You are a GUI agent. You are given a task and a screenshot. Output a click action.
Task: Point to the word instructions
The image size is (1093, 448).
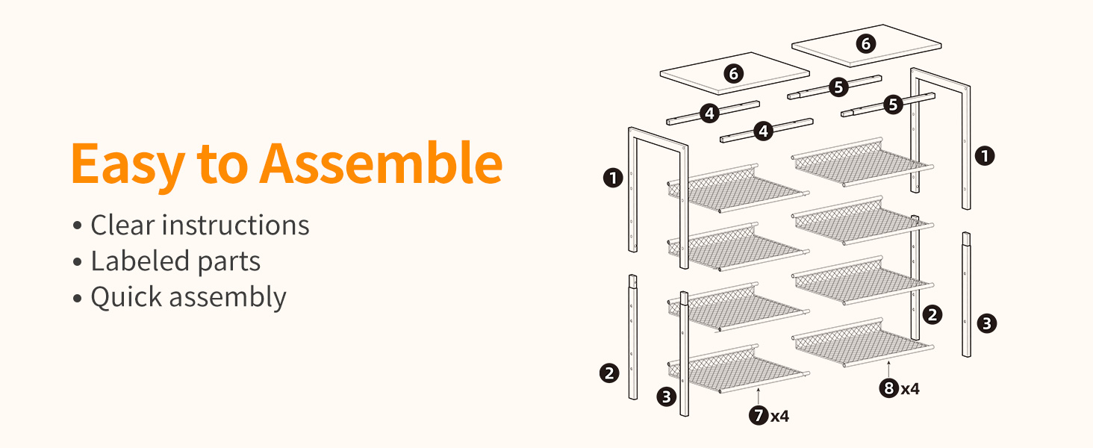[x=236, y=225]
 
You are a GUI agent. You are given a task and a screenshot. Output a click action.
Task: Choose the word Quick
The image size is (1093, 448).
[x=126, y=297]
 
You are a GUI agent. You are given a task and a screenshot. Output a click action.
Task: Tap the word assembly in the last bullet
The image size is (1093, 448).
[x=228, y=298]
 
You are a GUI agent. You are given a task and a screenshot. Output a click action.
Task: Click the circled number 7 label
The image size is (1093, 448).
[x=759, y=415]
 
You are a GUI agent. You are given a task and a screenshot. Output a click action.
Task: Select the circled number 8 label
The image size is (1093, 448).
[x=889, y=388]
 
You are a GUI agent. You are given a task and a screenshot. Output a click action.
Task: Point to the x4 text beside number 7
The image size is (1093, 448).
[x=779, y=417]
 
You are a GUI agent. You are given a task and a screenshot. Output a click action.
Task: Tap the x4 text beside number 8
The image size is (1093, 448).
[x=910, y=389]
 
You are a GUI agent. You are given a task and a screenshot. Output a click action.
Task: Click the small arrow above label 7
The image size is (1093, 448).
[x=759, y=396]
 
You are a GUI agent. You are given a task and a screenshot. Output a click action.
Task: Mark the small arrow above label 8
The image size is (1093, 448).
[x=888, y=368]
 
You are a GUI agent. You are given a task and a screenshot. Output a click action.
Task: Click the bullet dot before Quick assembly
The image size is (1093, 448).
[x=77, y=298]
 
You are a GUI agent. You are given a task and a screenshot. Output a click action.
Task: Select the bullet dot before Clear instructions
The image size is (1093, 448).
[x=77, y=226]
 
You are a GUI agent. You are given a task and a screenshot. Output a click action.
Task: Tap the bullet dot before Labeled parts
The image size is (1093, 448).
[x=77, y=262]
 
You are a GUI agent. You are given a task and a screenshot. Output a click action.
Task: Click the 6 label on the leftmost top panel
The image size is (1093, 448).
[x=733, y=74]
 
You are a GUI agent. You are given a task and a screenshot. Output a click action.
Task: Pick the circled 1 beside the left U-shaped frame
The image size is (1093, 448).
[x=613, y=178]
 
